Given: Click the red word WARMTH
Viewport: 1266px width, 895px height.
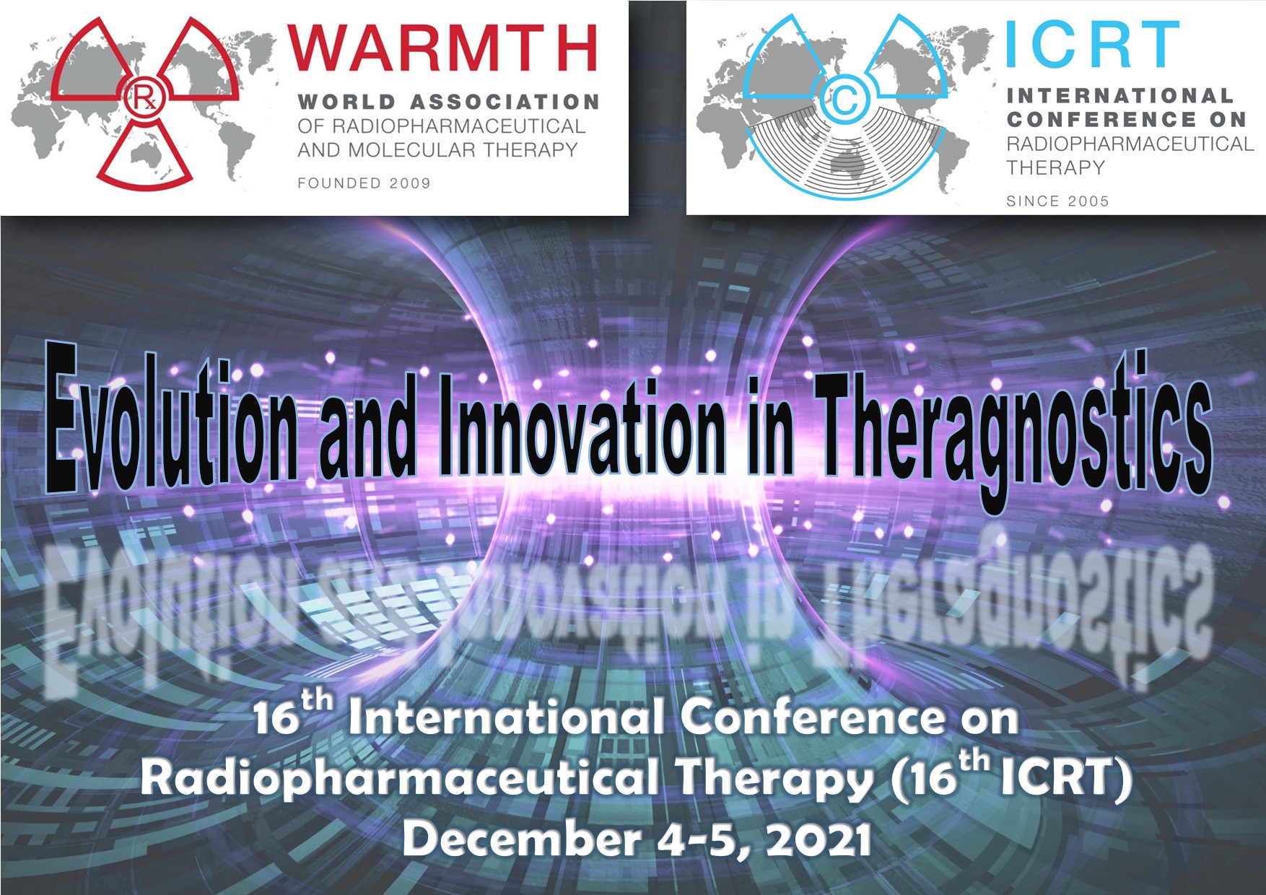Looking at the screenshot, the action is pyautogui.click(x=442, y=48).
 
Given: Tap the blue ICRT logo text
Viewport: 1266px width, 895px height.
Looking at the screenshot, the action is pyautogui.click(x=1093, y=45).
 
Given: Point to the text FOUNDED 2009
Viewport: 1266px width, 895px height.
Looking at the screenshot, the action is pyautogui.click(x=364, y=183).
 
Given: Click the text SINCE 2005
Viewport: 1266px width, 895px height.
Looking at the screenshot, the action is pyautogui.click(x=1057, y=201).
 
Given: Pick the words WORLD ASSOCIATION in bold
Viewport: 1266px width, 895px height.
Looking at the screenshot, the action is pyautogui.click(x=448, y=102).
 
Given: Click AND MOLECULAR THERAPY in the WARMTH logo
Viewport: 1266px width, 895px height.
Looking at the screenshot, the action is pyautogui.click(x=437, y=150).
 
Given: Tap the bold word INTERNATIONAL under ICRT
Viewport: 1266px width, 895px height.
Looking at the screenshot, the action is pyautogui.click(x=1119, y=96).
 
